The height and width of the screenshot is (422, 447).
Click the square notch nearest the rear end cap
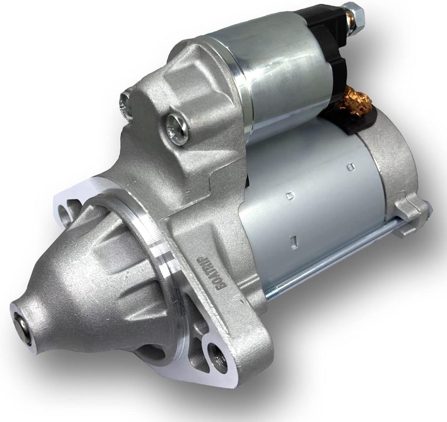click(351, 167)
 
